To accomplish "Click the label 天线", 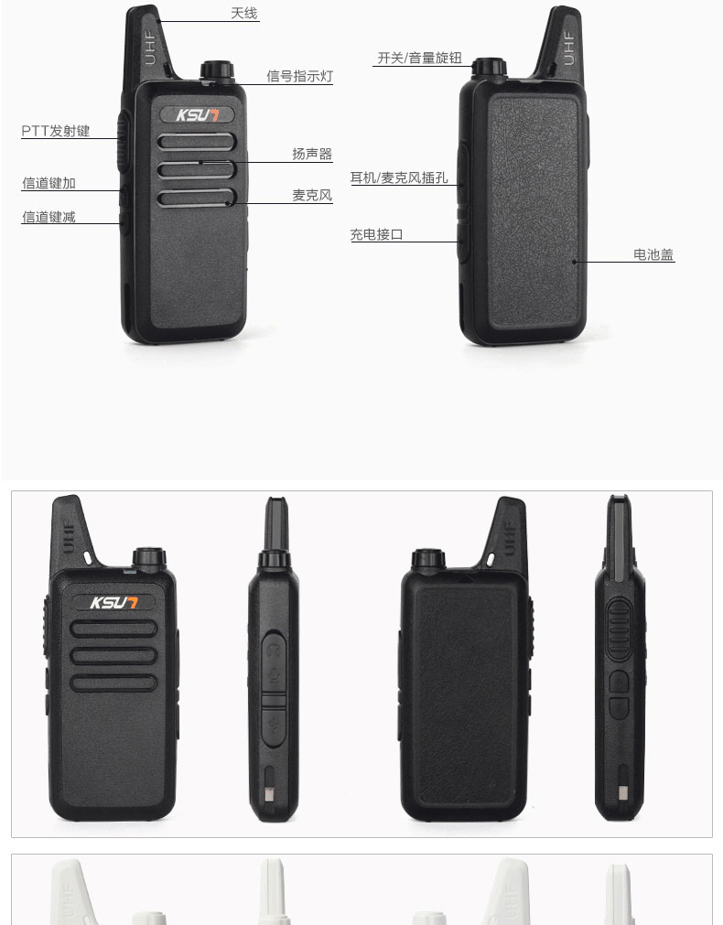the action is point(243,13).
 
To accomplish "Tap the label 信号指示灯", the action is point(300,76).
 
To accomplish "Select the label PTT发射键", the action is point(56,131).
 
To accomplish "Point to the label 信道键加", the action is point(49,184).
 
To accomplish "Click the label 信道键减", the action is point(49,217).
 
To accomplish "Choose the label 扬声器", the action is point(312,154).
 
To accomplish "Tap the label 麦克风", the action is point(312,195).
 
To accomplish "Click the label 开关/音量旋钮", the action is point(420,58).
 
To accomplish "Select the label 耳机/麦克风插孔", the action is point(399,177).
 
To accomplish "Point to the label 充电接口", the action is point(376,235).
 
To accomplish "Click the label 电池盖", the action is point(653,255).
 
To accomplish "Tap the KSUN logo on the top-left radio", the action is point(197,114).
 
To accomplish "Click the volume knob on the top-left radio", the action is point(217,70).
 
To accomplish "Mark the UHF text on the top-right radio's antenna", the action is point(569,48).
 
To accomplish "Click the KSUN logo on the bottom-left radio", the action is point(113,602).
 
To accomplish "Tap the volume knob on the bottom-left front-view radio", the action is point(149,559).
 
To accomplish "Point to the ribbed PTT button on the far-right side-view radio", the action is point(619,629).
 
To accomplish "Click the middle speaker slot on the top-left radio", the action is point(197,170).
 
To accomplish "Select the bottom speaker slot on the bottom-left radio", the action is point(113,683).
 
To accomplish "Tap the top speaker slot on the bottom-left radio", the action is point(113,629).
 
